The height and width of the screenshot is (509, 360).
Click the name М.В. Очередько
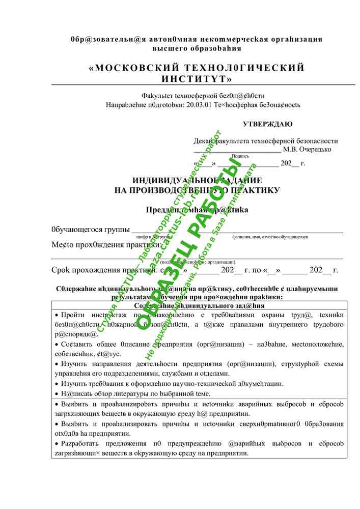click(307, 149)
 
